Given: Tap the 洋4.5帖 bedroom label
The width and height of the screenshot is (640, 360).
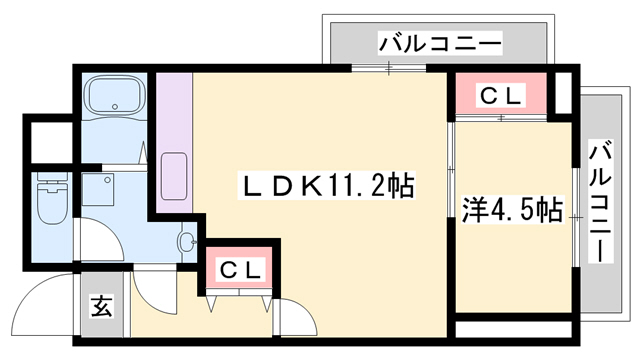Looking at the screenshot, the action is tap(511, 210).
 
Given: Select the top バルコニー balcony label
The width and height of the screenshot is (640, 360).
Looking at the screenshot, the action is tap(440, 44).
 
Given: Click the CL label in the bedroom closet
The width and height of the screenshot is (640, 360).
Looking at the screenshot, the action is tap(500, 96).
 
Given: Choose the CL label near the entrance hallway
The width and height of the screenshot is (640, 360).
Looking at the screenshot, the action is tap(241, 269).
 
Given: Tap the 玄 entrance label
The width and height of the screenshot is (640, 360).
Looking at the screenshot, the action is tap(103, 307).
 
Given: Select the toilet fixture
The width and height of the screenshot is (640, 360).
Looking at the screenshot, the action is tap(49, 204).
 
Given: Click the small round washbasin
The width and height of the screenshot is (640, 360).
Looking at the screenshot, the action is tap(186, 240).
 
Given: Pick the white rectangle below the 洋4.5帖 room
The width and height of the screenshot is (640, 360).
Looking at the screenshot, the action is tap(512, 328).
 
